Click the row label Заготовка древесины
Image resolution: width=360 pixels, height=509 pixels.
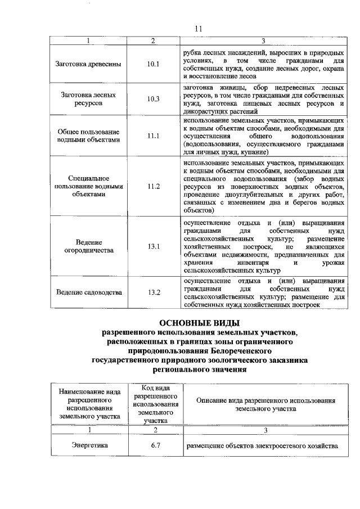(89, 64)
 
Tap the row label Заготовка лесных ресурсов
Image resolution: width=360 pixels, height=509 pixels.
(89, 100)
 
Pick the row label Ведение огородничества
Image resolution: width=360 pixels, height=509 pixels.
(89, 246)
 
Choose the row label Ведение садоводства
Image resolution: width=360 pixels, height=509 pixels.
(89, 292)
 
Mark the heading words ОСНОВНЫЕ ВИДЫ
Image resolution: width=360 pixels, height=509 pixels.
(200, 323)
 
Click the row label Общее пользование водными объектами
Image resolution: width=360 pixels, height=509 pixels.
(89, 136)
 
